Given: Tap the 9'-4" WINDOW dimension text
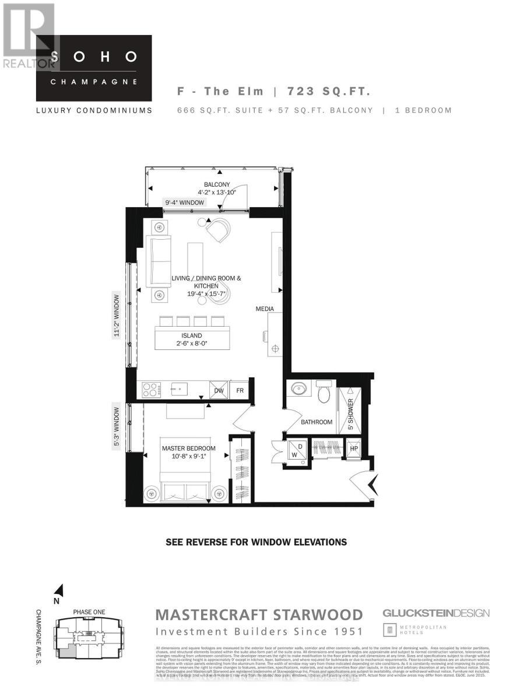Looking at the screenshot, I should point(185,202).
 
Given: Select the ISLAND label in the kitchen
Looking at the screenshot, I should point(191,335).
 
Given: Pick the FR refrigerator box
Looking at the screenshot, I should point(240,390).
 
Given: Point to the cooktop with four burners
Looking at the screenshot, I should point(151,388).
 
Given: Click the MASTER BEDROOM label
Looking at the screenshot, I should point(188,449).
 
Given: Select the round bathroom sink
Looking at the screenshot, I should point(300,389).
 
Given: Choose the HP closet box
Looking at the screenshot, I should point(353,448).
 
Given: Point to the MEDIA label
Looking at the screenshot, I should point(264,309).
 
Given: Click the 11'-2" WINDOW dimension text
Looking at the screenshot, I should point(117,315).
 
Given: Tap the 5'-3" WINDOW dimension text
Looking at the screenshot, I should point(117,426).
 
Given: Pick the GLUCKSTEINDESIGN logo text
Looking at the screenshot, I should point(435,613).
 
